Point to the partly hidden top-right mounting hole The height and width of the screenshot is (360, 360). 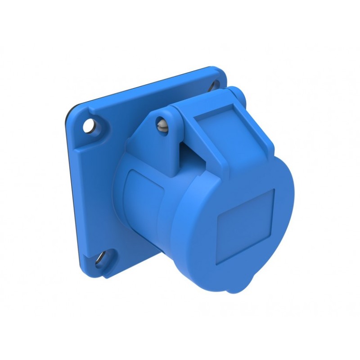[x=215, y=84]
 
